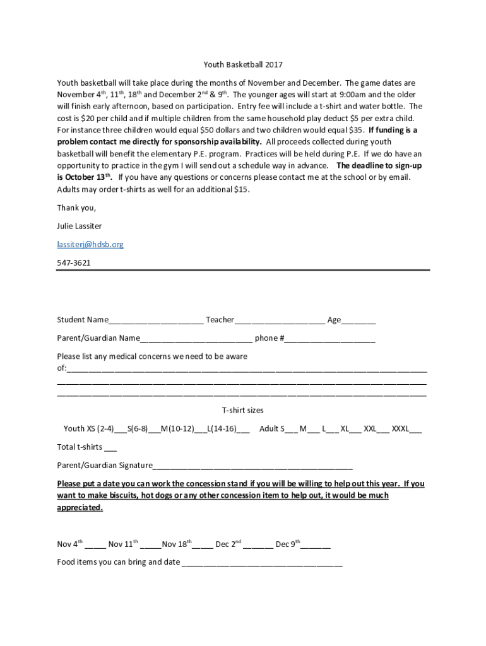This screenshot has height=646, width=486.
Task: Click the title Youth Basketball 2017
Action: click(243, 64)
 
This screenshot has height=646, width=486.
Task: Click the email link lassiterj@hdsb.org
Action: click(90, 244)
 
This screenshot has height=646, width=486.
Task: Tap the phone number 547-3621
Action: click(74, 262)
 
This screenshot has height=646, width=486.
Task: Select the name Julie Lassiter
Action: click(80, 226)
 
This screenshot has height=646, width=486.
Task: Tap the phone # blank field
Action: click(329, 339)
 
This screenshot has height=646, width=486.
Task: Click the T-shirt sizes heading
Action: click(243, 410)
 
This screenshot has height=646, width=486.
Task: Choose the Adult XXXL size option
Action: click(415, 430)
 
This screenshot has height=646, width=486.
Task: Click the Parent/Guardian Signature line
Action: click(252, 466)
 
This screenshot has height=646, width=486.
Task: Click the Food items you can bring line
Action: click(262, 563)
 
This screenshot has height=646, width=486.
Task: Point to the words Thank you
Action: click(76, 208)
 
